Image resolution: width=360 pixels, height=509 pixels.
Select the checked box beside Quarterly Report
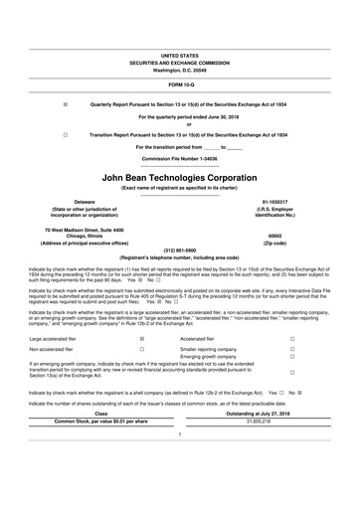click(66, 103)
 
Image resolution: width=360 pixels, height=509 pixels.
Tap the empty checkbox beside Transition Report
click(66, 133)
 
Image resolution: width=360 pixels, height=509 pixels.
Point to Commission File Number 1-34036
click(179, 158)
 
